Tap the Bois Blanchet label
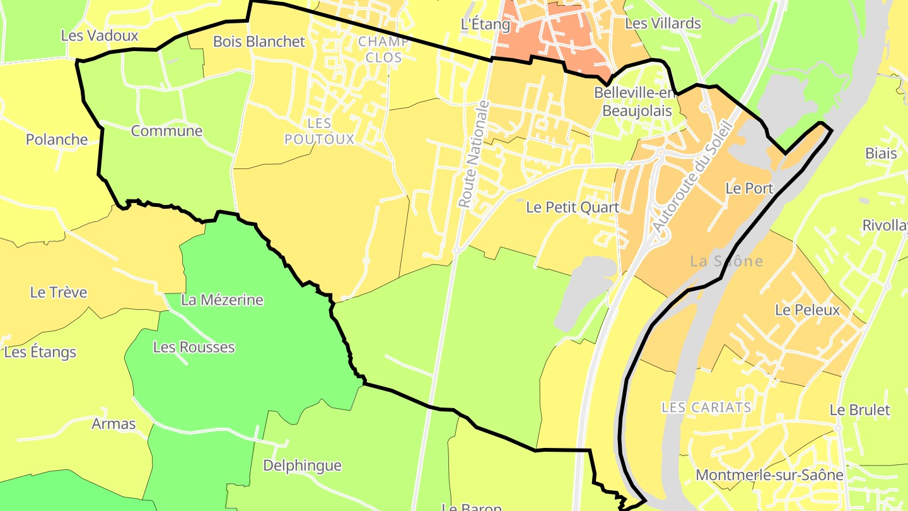click(259, 42)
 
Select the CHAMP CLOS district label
click(383, 49)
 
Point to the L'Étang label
click(485, 24)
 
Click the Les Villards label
click(662, 23)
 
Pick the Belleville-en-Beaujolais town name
click(635, 102)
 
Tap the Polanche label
click(57, 139)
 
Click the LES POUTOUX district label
click(319, 131)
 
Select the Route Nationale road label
click(474, 155)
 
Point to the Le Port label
click(749, 188)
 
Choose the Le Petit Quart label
click(572, 207)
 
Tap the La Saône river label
click(726, 261)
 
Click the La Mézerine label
click(222, 300)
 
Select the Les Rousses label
click(194, 347)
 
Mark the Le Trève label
click(59, 293)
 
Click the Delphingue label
click(302, 466)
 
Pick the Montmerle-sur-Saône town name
click(769, 475)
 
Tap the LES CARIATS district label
click(706, 407)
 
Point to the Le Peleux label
click(807, 310)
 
